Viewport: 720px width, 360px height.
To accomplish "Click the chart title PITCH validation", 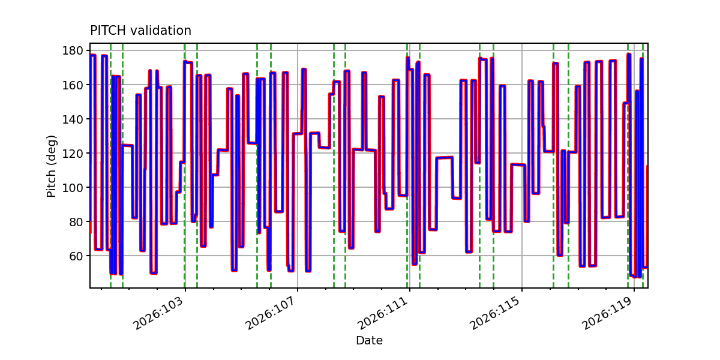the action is tap(140, 31).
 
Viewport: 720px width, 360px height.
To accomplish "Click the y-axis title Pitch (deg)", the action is tap(51, 166).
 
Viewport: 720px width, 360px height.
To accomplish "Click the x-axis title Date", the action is tap(369, 340).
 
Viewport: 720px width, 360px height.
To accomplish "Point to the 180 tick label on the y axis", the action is tap(73, 50).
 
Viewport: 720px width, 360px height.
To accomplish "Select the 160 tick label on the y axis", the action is tap(73, 85).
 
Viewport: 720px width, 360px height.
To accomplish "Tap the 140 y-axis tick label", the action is tap(73, 119).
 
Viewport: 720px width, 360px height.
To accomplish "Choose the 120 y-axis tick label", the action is tap(73, 154).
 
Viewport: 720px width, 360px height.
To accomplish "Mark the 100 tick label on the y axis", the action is tap(73, 187).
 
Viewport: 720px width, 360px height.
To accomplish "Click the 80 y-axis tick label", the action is tap(76, 222).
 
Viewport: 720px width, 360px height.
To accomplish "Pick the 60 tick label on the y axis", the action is tap(76, 256).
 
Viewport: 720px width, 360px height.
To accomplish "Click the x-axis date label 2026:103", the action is tap(158, 313).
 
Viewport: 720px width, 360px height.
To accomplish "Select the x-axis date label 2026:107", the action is tap(271, 313).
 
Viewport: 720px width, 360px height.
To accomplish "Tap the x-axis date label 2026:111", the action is tap(383, 313).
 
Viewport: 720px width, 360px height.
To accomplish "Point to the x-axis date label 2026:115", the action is tap(495, 313).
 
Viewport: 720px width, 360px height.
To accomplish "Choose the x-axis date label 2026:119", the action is tap(607, 313).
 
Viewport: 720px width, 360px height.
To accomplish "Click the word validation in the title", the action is tap(161, 31).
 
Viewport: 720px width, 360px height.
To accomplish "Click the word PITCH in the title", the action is tap(108, 31).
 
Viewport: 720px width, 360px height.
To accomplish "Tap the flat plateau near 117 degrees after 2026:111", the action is tap(445, 158).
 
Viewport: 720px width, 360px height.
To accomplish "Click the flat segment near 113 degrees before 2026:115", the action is tap(518, 165).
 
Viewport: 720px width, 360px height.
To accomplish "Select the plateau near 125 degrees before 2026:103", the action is tap(128, 146).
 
